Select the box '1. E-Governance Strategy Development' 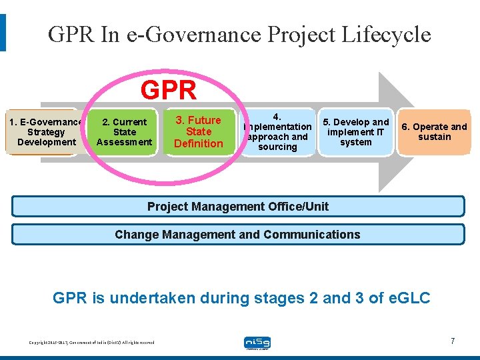point(46,132)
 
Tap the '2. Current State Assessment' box point(125,132)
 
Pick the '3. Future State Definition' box point(199,132)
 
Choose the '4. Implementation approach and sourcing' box point(277,132)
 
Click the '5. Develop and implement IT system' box point(355,132)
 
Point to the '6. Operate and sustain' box point(434,132)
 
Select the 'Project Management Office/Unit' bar point(238,206)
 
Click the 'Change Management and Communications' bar point(238,235)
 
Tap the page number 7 point(453,341)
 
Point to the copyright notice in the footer point(91,343)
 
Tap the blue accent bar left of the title point(3,33)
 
